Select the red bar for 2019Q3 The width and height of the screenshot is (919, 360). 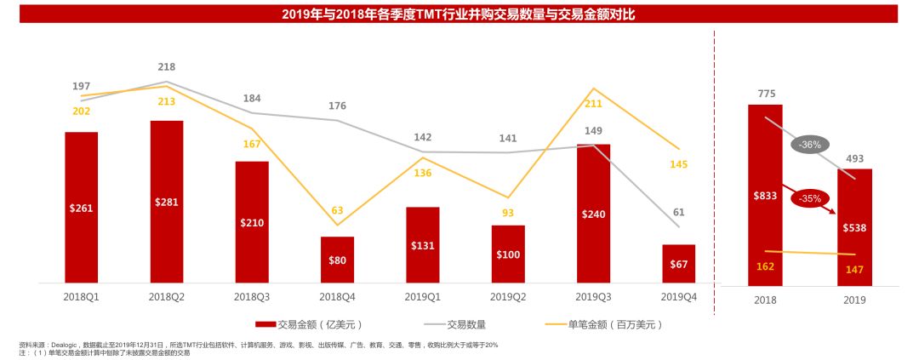(x=593, y=213)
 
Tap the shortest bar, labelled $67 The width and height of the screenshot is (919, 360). (x=678, y=264)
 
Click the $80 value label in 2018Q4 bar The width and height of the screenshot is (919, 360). (x=337, y=260)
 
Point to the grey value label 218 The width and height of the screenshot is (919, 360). (x=167, y=66)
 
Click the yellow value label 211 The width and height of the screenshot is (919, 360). (x=593, y=104)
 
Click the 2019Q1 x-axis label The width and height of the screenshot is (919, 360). (x=423, y=296)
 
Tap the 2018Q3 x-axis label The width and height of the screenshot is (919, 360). (x=252, y=296)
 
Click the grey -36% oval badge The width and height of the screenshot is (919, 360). (x=809, y=145)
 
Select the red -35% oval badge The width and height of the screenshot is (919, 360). (x=809, y=199)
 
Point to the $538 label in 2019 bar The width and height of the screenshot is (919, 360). (x=855, y=227)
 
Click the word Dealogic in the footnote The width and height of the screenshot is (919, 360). (x=59, y=345)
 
